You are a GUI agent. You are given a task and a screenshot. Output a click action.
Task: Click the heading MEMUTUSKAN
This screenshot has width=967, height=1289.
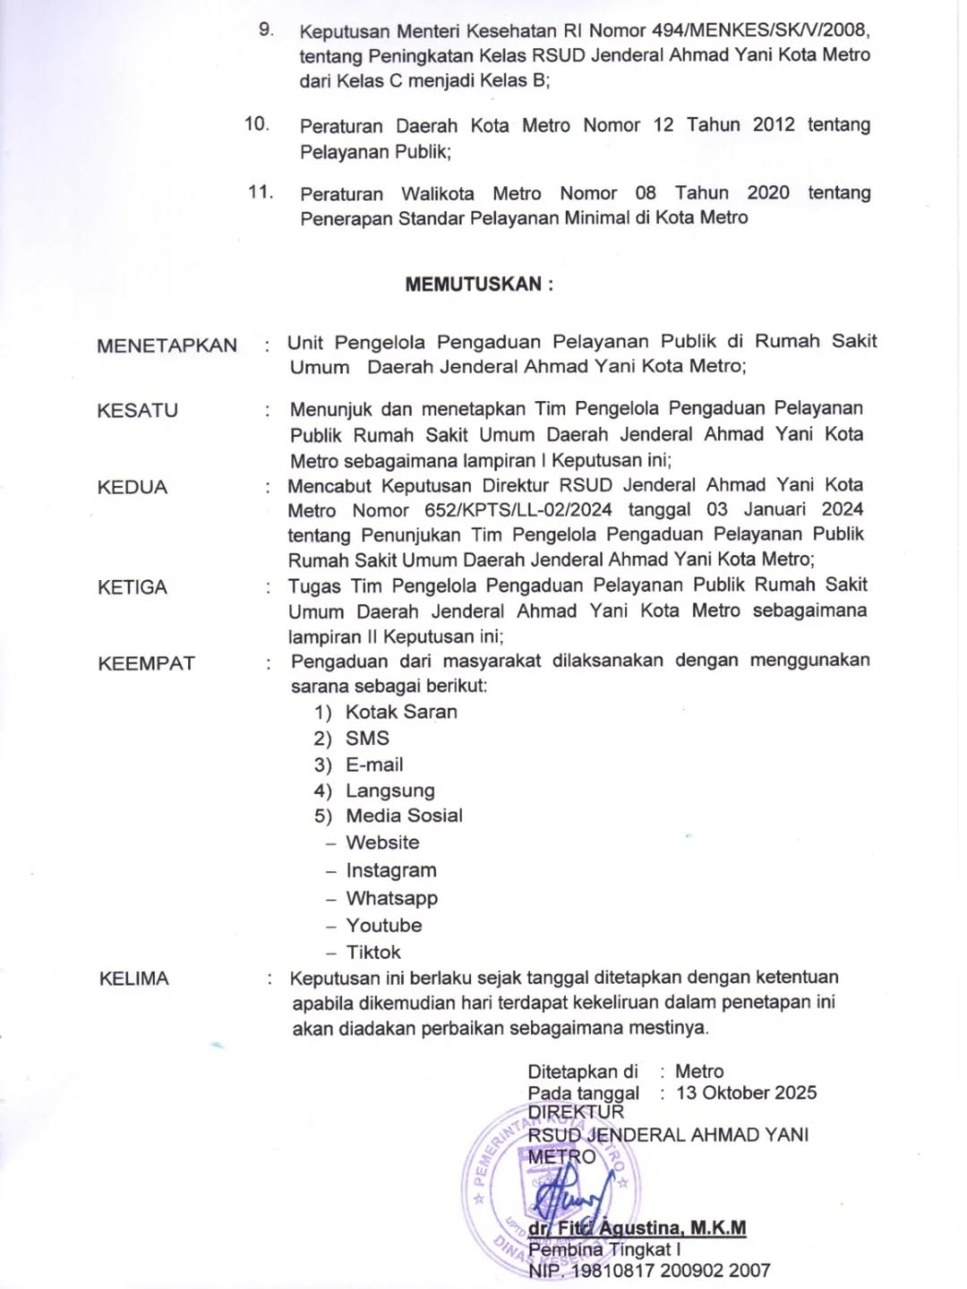[x=479, y=285]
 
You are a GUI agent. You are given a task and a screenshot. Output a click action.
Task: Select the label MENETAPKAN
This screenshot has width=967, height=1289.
[x=167, y=346]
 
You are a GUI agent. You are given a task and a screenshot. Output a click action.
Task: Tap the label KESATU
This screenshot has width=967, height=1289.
[x=137, y=411]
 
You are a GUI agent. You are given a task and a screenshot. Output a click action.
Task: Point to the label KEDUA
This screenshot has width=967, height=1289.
[x=133, y=488]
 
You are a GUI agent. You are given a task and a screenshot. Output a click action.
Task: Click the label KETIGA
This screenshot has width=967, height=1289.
[x=133, y=587]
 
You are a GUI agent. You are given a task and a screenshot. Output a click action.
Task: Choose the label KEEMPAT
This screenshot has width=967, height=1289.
[x=146, y=663]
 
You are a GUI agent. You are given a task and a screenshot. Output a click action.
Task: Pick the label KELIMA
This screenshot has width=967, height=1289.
[x=133, y=978]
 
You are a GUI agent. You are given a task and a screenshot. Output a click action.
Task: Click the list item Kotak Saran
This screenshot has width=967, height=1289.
[x=401, y=713]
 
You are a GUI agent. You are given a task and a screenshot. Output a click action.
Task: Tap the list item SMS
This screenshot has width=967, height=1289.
[x=367, y=738]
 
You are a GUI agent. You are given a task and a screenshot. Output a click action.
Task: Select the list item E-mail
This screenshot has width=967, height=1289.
[x=374, y=765]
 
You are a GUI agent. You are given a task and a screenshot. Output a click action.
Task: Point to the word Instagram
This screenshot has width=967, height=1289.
[x=391, y=870]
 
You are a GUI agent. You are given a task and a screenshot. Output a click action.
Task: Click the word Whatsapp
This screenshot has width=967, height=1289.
[x=392, y=898]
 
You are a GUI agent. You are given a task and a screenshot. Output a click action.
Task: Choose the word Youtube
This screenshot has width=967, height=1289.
[x=384, y=926]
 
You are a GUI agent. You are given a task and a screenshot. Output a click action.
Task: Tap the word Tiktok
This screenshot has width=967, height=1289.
[x=373, y=952]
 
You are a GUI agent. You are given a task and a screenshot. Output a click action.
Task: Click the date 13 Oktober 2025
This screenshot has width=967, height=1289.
[x=747, y=1093]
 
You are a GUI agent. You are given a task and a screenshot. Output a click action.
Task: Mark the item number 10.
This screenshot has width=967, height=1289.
[x=257, y=124]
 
